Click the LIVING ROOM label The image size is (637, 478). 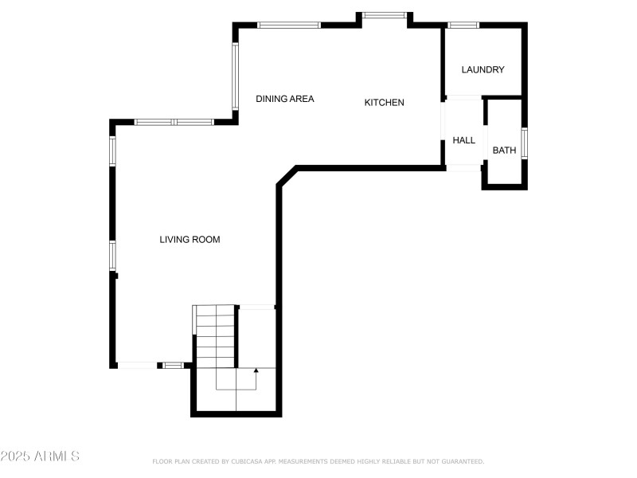(x=190, y=240)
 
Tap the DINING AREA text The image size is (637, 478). (x=284, y=100)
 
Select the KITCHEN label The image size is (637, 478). (x=384, y=103)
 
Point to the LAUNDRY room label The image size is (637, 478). (x=483, y=70)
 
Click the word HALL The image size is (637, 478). (x=463, y=140)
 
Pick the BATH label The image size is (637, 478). (x=504, y=151)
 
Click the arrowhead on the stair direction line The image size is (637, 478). (x=256, y=370)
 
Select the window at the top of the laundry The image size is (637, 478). (x=463, y=25)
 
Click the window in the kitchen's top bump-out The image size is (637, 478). (x=385, y=14)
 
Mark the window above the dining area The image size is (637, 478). (x=289, y=25)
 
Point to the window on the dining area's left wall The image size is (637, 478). (x=235, y=75)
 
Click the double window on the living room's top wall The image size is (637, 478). (x=174, y=122)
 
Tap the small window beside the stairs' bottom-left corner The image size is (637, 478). (x=173, y=365)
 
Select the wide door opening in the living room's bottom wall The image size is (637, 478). (x=137, y=365)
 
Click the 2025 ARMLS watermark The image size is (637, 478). (x=40, y=456)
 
